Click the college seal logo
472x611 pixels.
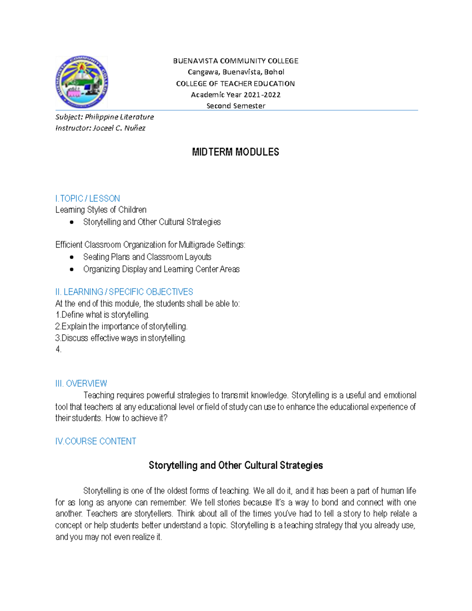click(81, 82)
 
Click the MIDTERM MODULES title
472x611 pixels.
click(235, 152)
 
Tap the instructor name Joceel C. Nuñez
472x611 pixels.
click(119, 128)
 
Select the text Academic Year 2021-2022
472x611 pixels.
click(235, 94)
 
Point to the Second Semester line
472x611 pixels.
click(236, 105)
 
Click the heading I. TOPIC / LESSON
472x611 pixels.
click(87, 198)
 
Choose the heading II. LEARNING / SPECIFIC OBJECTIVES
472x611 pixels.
click(124, 292)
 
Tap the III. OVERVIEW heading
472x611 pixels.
click(81, 383)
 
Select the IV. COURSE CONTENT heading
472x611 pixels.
click(96, 441)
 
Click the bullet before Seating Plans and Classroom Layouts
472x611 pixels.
click(72, 257)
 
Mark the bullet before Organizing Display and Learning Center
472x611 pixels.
click(72, 270)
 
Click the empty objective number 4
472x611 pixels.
click(58, 349)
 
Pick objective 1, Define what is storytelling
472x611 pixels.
click(102, 315)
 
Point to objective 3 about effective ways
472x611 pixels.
click(120, 338)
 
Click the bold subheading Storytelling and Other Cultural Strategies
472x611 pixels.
click(236, 465)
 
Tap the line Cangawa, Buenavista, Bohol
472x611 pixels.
click(236, 72)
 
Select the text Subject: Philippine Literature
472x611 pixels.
click(104, 117)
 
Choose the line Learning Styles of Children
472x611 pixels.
click(101, 210)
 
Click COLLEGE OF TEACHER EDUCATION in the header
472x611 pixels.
click(235, 83)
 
